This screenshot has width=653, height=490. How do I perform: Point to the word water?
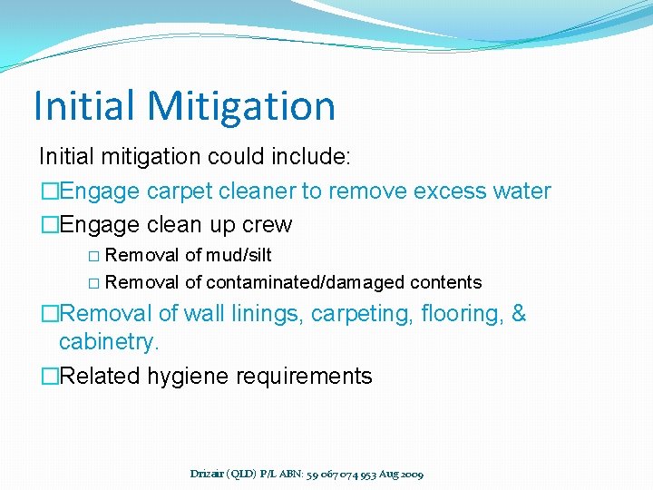519,191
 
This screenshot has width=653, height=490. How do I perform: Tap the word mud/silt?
239,255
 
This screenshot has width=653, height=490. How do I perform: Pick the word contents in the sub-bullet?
445,282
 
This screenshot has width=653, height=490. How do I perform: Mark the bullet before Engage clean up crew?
49,225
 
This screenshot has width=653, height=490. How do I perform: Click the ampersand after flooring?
518,314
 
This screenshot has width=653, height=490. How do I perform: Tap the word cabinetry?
110,342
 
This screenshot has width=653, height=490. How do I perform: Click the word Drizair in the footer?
210,474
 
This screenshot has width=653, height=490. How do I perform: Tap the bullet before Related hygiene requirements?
49,377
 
